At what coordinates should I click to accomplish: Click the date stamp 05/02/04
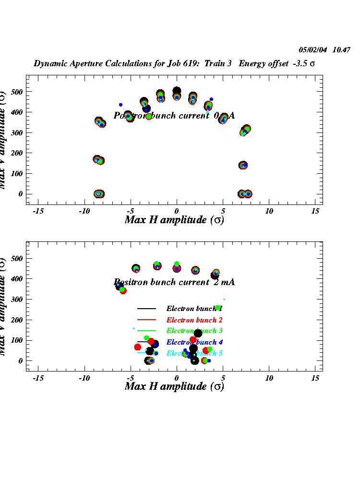tap(312, 49)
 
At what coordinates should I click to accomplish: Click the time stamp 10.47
tap(342, 49)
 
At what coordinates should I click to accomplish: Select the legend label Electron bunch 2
tap(194, 320)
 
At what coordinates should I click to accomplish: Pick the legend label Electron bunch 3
tap(194, 331)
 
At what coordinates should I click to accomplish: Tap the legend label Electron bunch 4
tap(194, 342)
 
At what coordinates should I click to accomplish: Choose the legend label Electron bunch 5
tap(194, 353)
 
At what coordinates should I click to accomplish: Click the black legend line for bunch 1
tap(146, 309)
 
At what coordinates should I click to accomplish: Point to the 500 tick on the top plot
tap(15, 91)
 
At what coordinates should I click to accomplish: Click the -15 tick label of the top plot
tap(38, 211)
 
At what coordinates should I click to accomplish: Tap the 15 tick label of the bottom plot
tap(315, 378)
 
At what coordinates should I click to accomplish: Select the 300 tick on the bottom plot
tap(15, 299)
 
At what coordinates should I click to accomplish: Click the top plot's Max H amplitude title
tap(174, 220)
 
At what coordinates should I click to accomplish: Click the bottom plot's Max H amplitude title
tap(174, 386)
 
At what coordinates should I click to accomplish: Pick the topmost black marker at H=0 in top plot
tap(177, 91)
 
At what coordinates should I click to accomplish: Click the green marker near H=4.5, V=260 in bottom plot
tap(217, 308)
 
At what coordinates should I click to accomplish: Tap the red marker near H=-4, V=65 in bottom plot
tap(138, 347)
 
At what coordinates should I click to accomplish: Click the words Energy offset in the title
tap(261, 64)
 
